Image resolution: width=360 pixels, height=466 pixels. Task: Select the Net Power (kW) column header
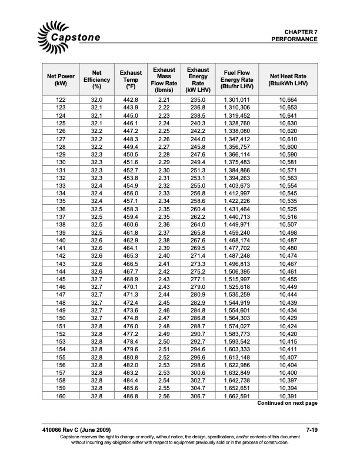(61, 80)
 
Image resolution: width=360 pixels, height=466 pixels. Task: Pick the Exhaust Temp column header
(131, 80)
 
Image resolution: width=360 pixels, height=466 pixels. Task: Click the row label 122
(61, 100)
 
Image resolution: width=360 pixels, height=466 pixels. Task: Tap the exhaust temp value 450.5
(131, 155)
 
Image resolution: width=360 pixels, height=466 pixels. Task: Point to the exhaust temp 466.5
(131, 264)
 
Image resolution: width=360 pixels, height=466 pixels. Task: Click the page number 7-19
(311, 432)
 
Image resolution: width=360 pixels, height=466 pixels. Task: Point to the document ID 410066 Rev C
(71, 432)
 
